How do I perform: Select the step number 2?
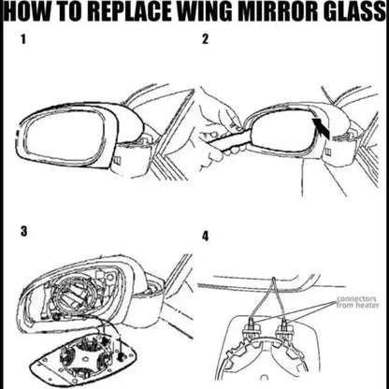205,41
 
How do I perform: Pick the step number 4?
205,236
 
